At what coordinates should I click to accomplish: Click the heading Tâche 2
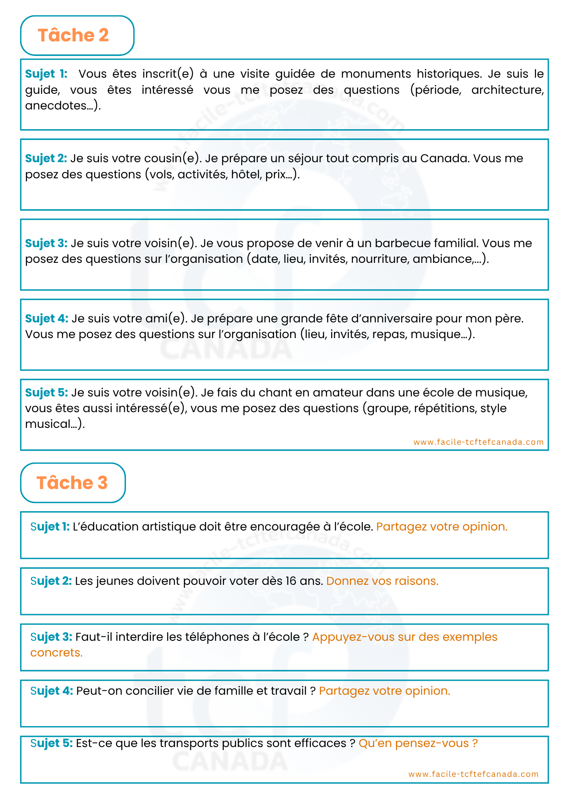pos(73,35)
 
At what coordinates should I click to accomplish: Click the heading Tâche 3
pos(72,483)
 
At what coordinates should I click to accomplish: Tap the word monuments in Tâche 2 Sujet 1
pos(376,74)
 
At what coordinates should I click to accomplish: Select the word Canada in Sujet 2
pos(444,159)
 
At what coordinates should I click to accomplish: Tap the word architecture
pos(507,90)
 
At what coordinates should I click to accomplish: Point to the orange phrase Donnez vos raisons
pos(382,581)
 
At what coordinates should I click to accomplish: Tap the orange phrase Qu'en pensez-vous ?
pos(418,743)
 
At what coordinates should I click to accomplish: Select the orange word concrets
pos(56,653)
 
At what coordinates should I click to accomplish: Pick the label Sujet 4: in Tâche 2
pos(47,319)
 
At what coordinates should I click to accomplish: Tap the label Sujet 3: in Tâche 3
pos(51,637)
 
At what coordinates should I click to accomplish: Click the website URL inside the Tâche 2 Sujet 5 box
pos(478,442)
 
